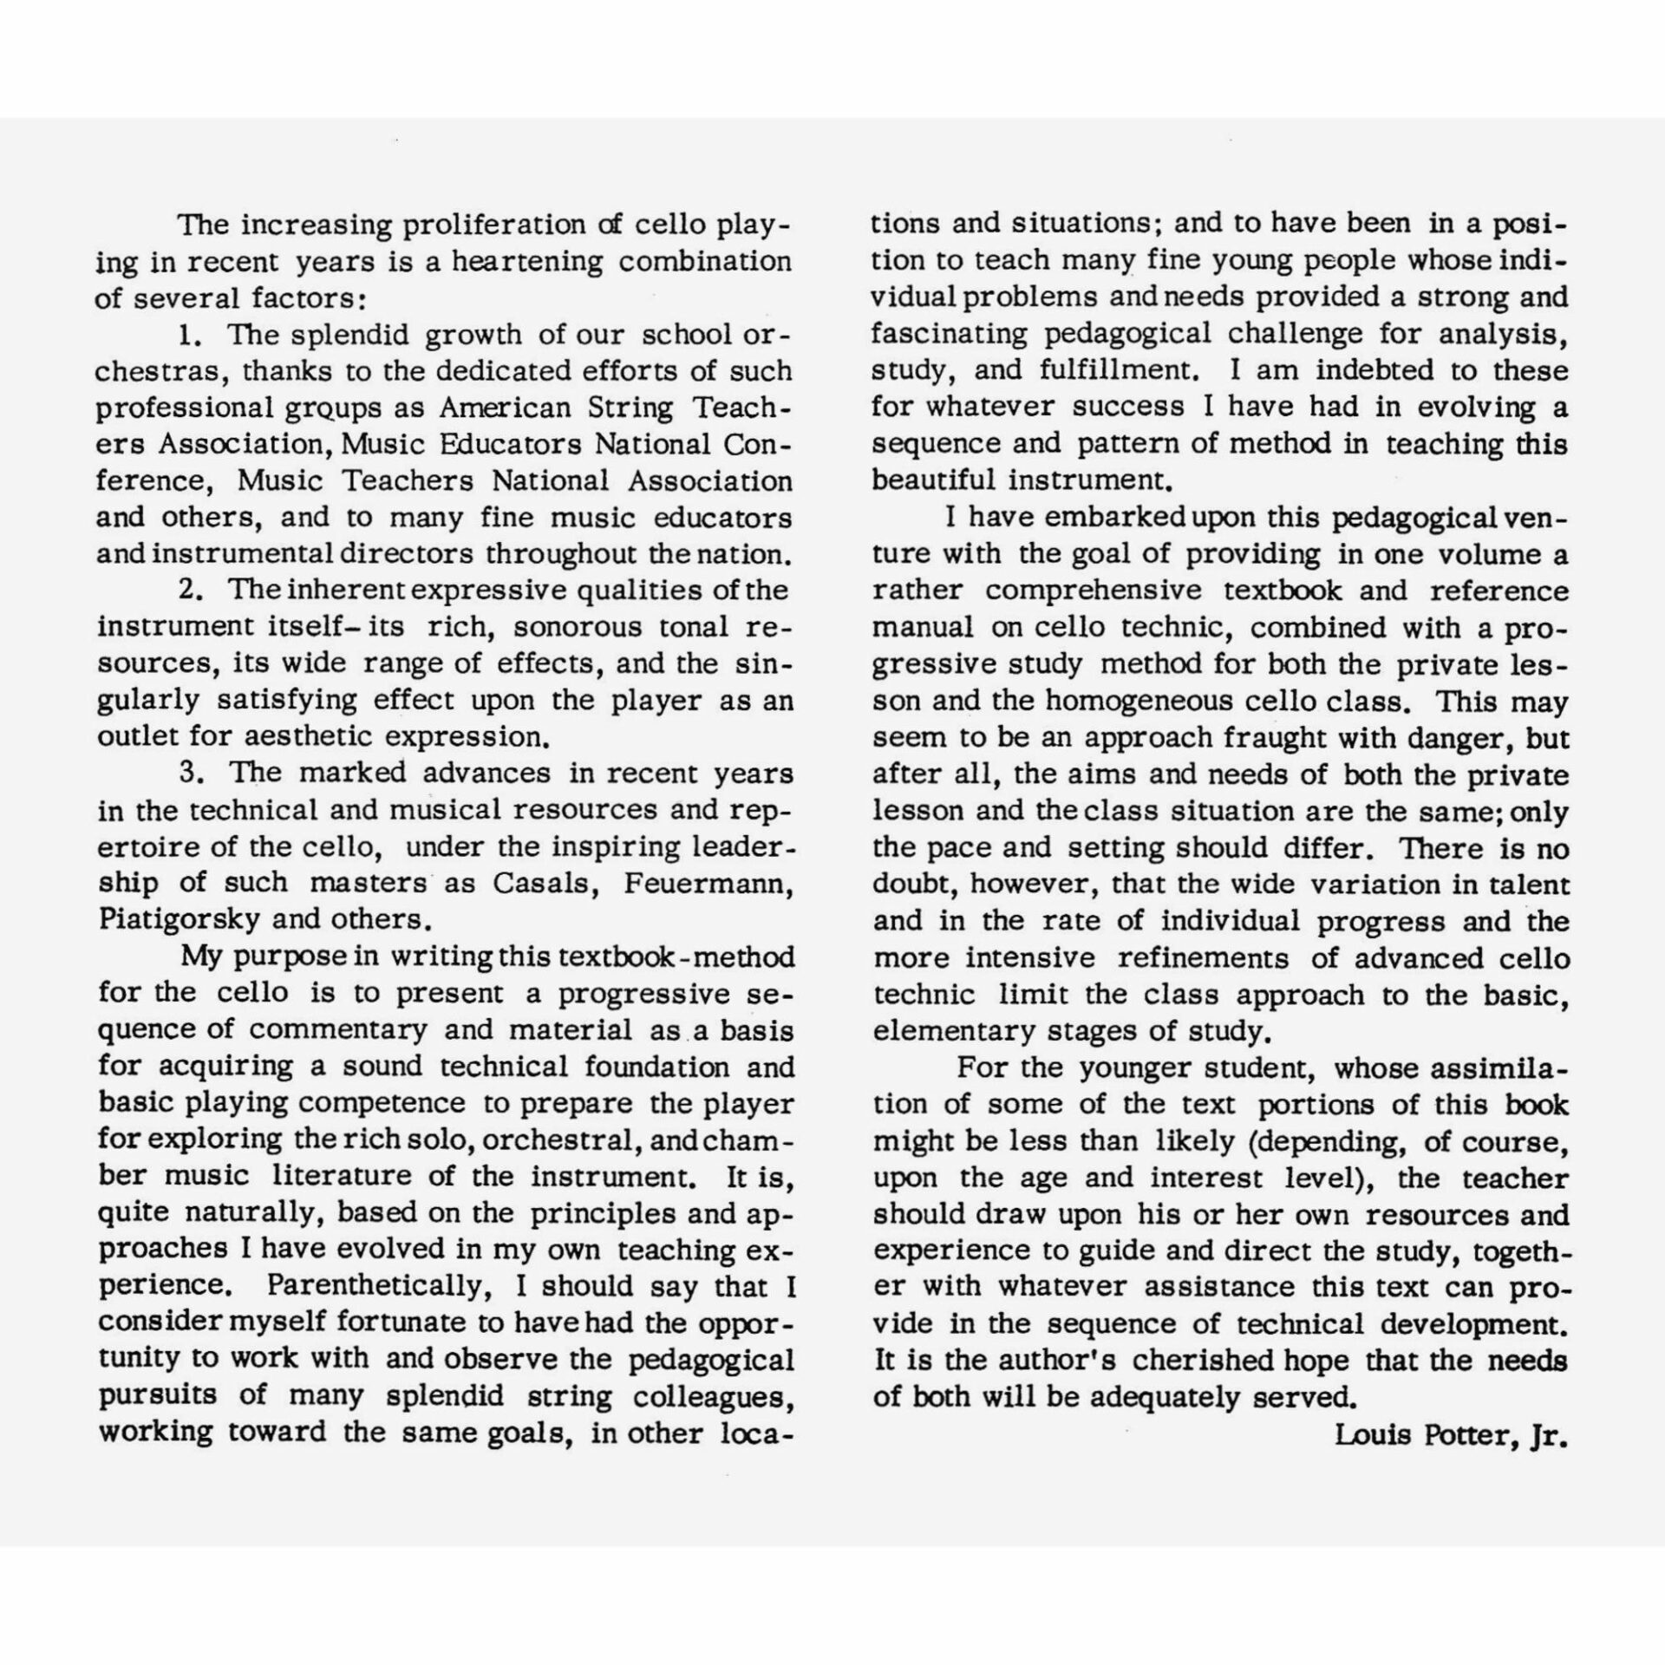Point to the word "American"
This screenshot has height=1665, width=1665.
pos(505,408)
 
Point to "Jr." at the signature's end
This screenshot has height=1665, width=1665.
pos(1549,1435)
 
